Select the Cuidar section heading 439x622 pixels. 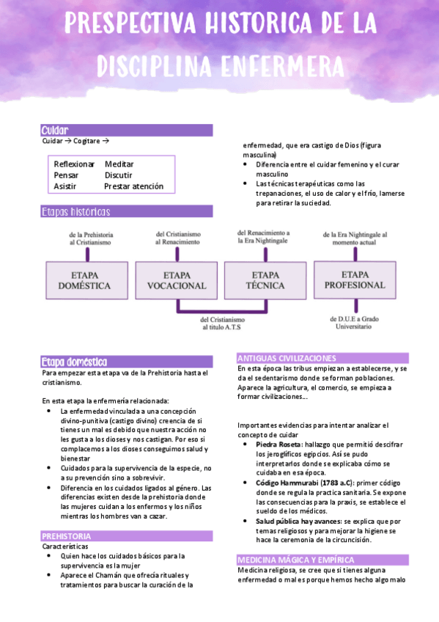(55, 130)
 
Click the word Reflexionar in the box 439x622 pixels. (74, 164)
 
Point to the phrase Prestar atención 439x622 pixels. (133, 186)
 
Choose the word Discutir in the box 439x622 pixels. (118, 175)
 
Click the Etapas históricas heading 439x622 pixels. (76, 212)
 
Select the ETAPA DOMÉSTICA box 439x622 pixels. (85, 279)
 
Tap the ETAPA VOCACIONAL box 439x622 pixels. (177, 279)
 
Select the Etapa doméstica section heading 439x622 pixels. (75, 362)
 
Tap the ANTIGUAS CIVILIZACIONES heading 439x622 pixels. (287, 358)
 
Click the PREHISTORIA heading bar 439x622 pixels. (67, 536)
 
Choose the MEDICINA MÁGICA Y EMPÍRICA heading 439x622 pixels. (302, 560)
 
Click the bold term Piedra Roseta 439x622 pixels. (278, 444)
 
